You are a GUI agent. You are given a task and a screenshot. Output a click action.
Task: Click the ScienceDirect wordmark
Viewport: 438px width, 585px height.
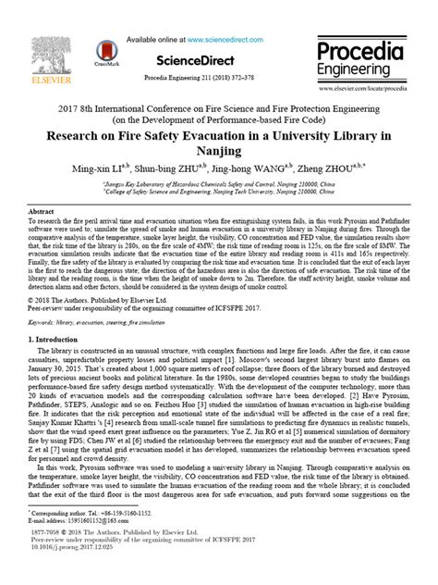(x=190, y=60)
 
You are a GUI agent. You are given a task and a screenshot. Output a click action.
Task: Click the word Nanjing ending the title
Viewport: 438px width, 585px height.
(x=219, y=153)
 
